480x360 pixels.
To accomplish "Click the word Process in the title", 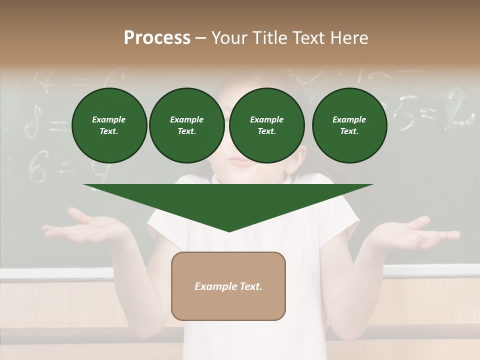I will point(157,38).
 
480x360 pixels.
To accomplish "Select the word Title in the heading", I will point(267,38).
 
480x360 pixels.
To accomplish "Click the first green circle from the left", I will point(109,125).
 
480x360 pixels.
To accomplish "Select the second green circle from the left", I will point(186,125).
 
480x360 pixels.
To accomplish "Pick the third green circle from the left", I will point(266,125).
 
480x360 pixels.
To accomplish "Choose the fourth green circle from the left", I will point(349,125).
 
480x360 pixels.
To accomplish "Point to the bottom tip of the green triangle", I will point(229,231).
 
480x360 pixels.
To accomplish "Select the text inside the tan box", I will point(228,286).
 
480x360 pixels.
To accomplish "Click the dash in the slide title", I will point(200,38).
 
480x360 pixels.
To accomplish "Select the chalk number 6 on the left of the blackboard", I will point(36,167).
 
